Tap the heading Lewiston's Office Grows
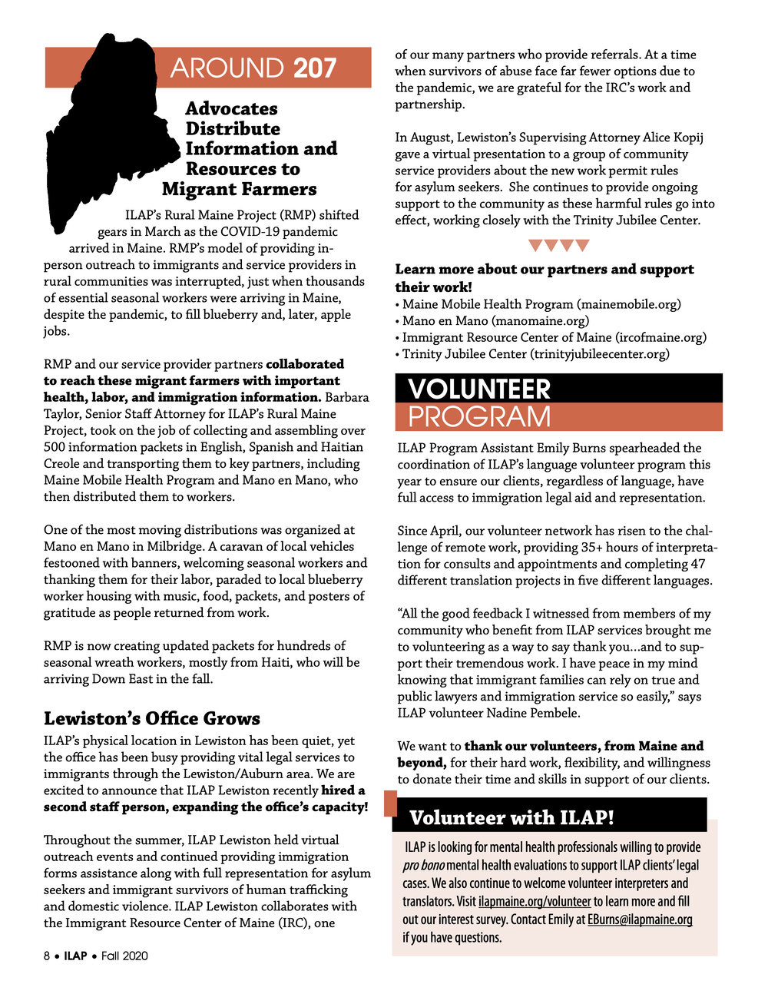pyautogui.click(x=152, y=718)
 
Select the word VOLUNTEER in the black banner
pyautogui.click(x=479, y=389)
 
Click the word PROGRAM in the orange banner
pyautogui.click(x=479, y=416)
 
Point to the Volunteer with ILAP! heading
pyautogui.click(x=511, y=817)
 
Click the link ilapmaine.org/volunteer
pyautogui.click(x=535, y=901)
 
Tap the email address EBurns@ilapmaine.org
pyautogui.click(x=640, y=919)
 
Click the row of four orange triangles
pyautogui.click(x=558, y=246)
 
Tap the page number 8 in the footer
pyautogui.click(x=47, y=956)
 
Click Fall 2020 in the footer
pyautogui.click(x=124, y=956)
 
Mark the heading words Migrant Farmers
pyautogui.click(x=239, y=189)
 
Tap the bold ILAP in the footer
pyautogui.click(x=75, y=956)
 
